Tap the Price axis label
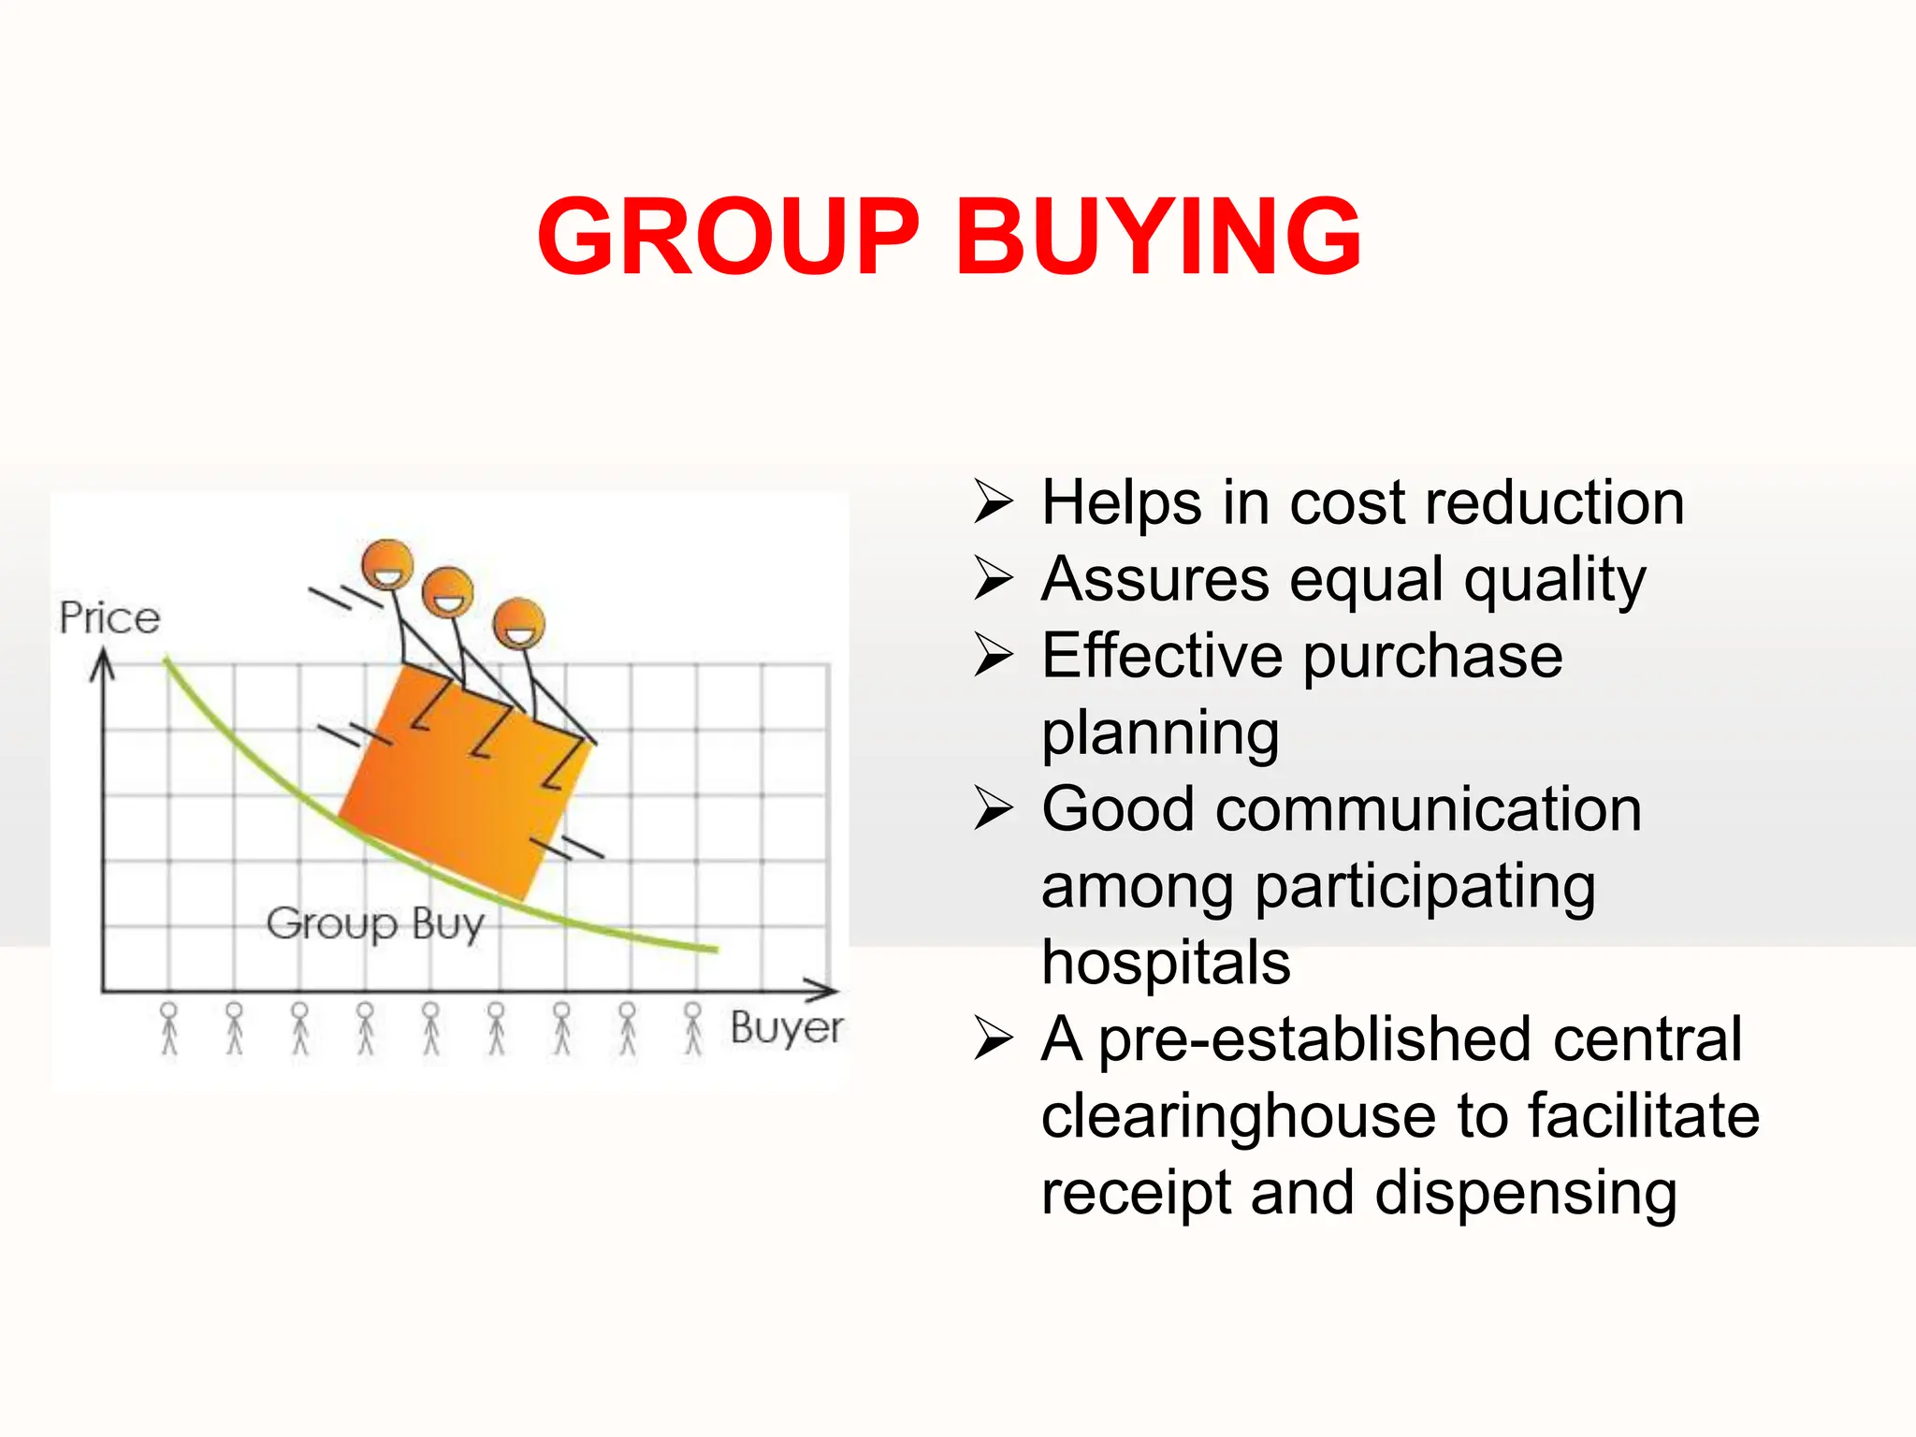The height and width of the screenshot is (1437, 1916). pos(109,618)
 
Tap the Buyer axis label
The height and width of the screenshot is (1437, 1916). pos(787,1027)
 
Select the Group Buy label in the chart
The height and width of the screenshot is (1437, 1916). pos(375,924)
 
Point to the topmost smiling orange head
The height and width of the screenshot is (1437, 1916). pos(387,564)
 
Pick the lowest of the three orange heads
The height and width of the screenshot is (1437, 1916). pos(519,624)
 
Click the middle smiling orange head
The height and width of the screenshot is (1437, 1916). pos(448,592)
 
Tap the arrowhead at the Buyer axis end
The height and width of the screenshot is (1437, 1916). pos(823,990)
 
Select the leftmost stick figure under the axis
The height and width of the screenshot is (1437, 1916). pos(168,1028)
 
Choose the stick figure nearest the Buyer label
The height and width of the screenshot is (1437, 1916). pos(692,1028)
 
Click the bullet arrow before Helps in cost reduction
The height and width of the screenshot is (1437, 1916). pos(993,501)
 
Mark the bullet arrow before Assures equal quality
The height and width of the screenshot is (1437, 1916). pos(993,578)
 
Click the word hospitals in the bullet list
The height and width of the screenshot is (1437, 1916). pos(1166,962)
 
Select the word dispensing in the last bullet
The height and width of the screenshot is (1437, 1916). pos(1526,1194)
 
